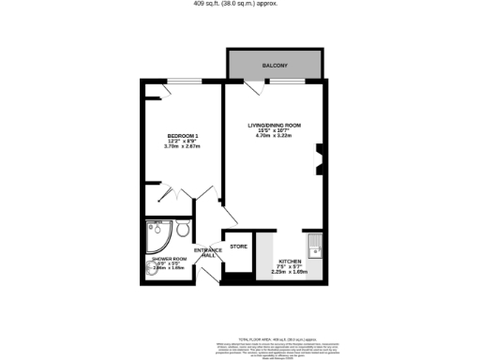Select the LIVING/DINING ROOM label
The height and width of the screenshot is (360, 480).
coord(274,125)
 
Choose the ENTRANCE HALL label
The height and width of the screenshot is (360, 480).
coord(207,253)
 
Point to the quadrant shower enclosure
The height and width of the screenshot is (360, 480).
coord(158,233)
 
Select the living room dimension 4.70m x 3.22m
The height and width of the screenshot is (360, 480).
coord(274,137)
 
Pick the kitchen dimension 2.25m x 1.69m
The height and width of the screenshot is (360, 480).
coord(289,273)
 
